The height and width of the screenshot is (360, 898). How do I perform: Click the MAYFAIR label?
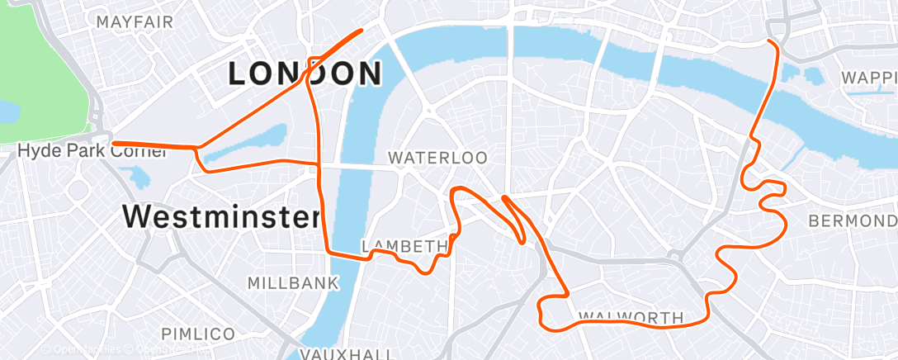point(135,21)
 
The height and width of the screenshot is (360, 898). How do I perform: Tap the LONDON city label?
point(305,74)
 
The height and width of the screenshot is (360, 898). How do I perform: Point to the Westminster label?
point(220,218)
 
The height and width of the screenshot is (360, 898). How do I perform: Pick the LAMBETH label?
point(404,246)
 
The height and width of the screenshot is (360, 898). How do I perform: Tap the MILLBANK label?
point(293,283)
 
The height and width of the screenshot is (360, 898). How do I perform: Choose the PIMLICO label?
point(197,334)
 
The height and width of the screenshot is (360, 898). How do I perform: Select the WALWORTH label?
point(631,317)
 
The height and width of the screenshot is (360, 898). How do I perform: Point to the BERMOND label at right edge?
point(852,221)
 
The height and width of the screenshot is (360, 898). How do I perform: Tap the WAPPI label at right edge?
point(868,78)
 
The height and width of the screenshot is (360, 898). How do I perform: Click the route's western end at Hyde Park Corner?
point(114,144)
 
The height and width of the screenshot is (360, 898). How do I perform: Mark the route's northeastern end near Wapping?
point(769,40)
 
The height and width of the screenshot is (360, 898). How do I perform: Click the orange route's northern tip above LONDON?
point(362,31)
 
